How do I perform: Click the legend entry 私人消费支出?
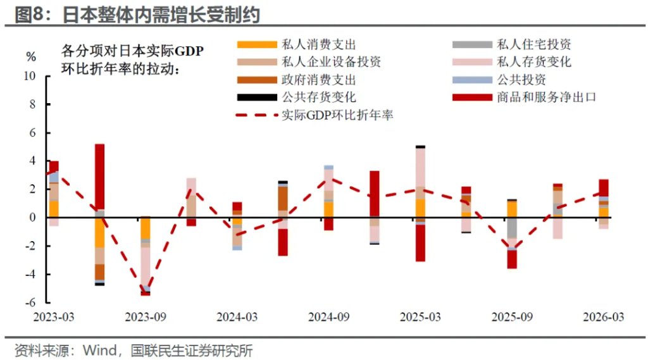click(296, 44)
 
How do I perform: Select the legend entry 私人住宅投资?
click(511, 44)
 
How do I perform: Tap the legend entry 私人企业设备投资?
click(309, 62)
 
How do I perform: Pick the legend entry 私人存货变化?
click(511, 62)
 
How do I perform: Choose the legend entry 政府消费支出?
click(296, 80)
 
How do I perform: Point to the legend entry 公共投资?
click(499, 80)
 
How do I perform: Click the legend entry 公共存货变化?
click(296, 97)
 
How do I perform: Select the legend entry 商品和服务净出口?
click(524, 97)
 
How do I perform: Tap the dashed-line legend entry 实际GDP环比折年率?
click(314, 115)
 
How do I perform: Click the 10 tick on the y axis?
click(30, 77)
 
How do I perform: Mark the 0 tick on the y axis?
click(33, 218)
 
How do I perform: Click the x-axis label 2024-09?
click(328, 317)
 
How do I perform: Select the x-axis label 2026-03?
click(603, 317)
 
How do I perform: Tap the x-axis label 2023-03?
click(54, 317)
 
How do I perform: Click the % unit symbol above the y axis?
click(31, 57)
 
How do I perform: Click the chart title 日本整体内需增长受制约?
click(161, 15)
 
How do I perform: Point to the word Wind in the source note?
click(99, 351)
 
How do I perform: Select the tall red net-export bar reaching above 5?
click(99, 177)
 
